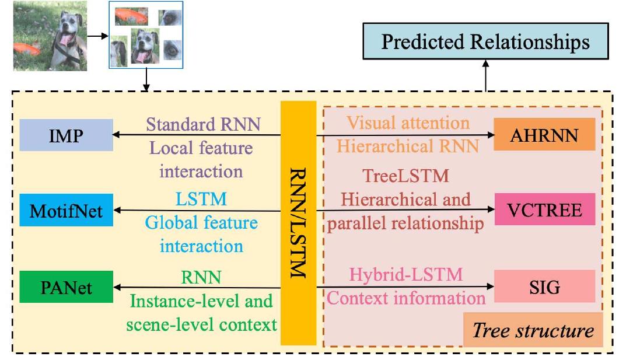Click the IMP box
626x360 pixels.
(66, 135)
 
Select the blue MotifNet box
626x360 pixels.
(66, 210)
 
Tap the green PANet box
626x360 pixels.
(66, 286)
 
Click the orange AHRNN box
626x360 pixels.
(544, 135)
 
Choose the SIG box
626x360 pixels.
(544, 286)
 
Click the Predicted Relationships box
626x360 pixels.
(485, 43)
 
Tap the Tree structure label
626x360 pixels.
(533, 331)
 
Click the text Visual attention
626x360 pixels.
(408, 123)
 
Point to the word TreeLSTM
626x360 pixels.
(405, 176)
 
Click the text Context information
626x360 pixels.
(406, 298)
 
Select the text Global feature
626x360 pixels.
(202, 223)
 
